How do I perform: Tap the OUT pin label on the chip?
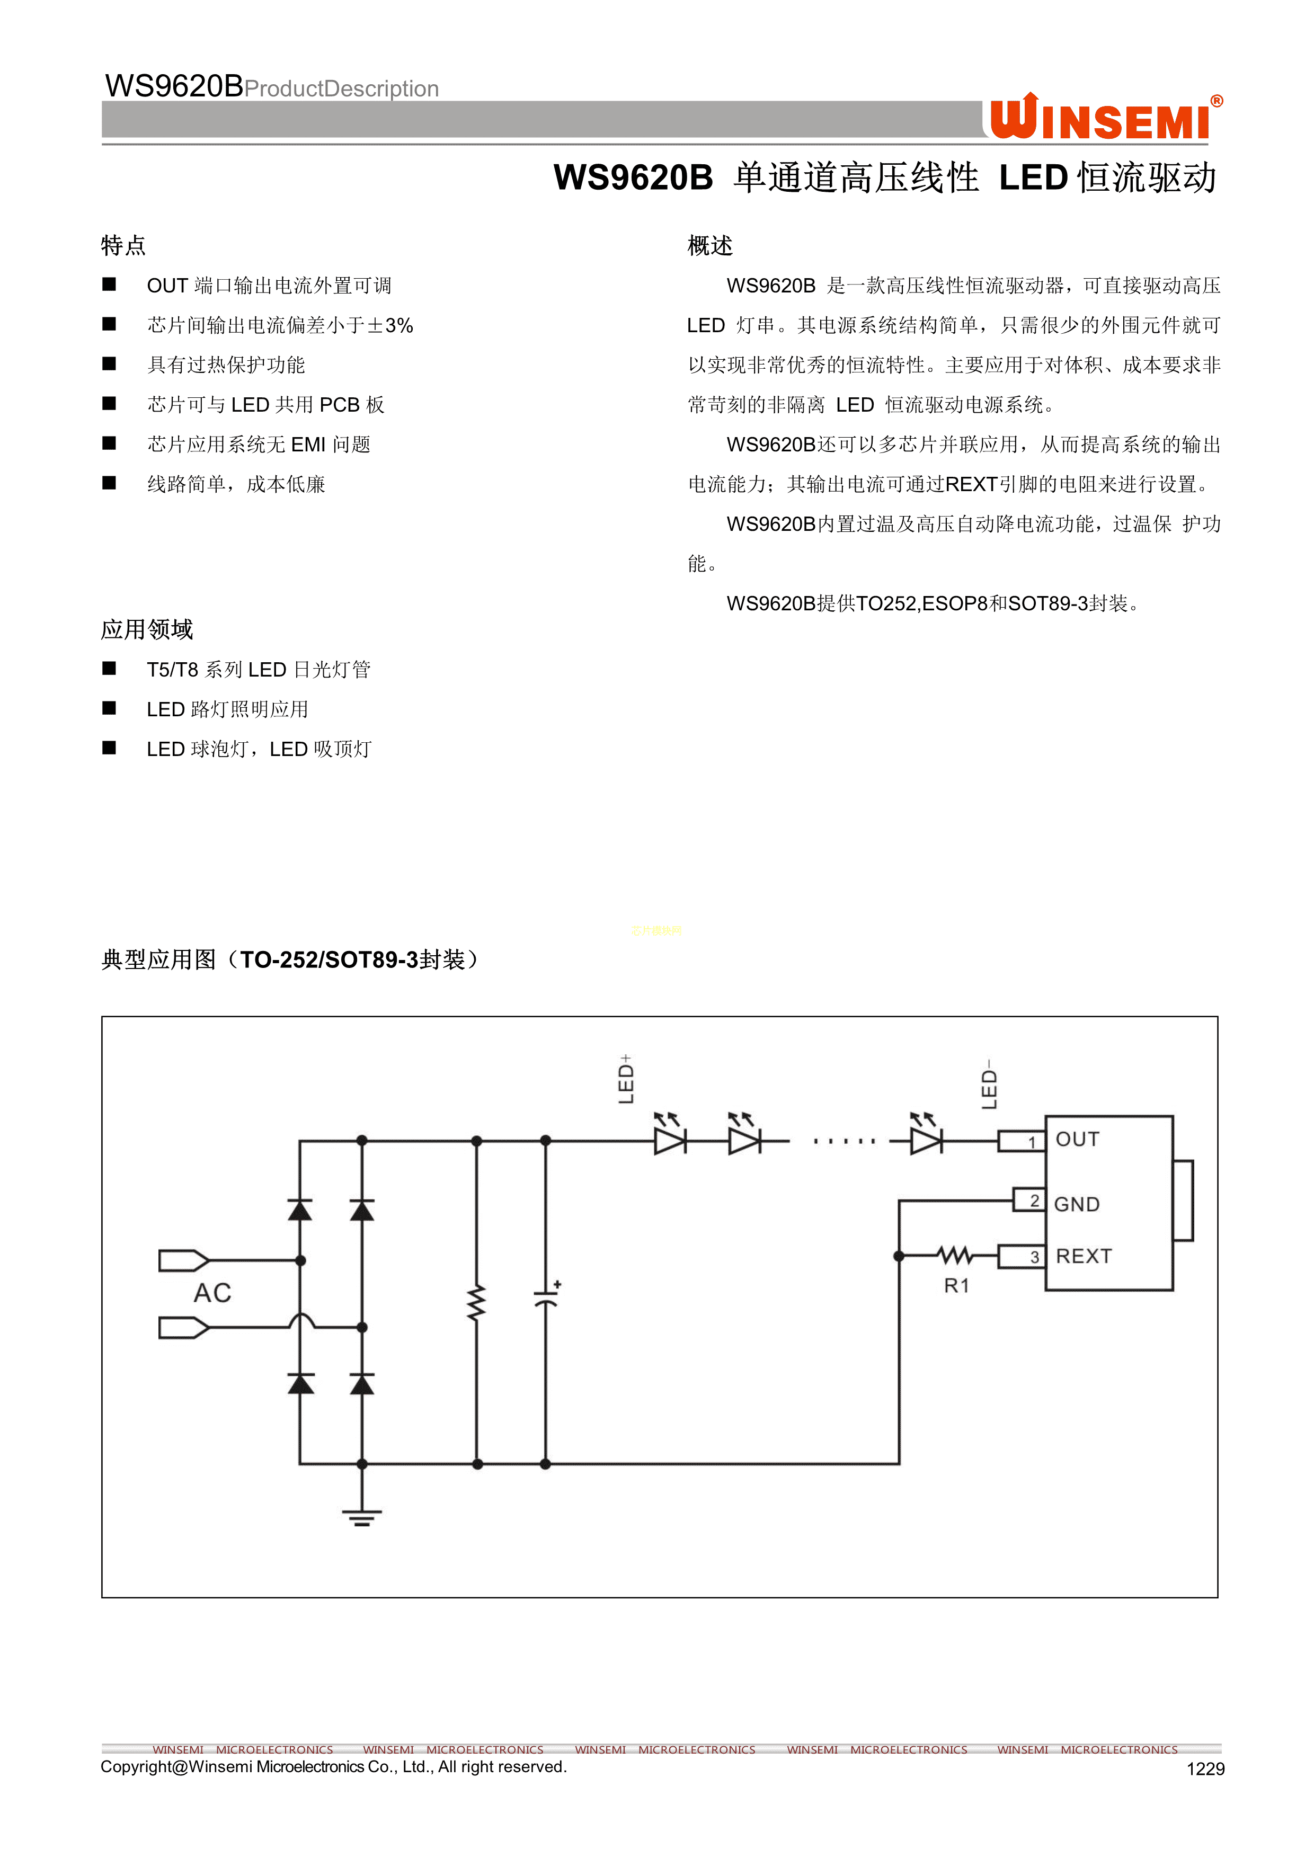coord(1077,1140)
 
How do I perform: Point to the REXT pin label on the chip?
coord(1084,1256)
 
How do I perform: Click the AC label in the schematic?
coord(212,1293)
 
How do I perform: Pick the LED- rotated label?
coord(989,1085)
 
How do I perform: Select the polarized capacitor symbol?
coord(546,1297)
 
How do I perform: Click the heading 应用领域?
coord(146,629)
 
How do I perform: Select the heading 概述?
coord(709,245)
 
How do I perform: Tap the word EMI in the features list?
coord(308,445)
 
